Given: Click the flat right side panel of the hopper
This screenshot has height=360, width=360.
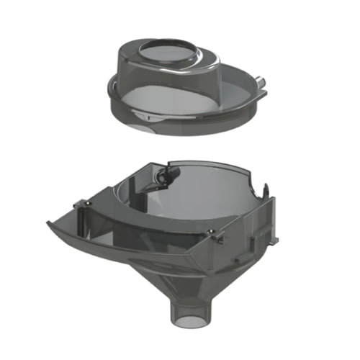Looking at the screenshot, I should tap(252, 230).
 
